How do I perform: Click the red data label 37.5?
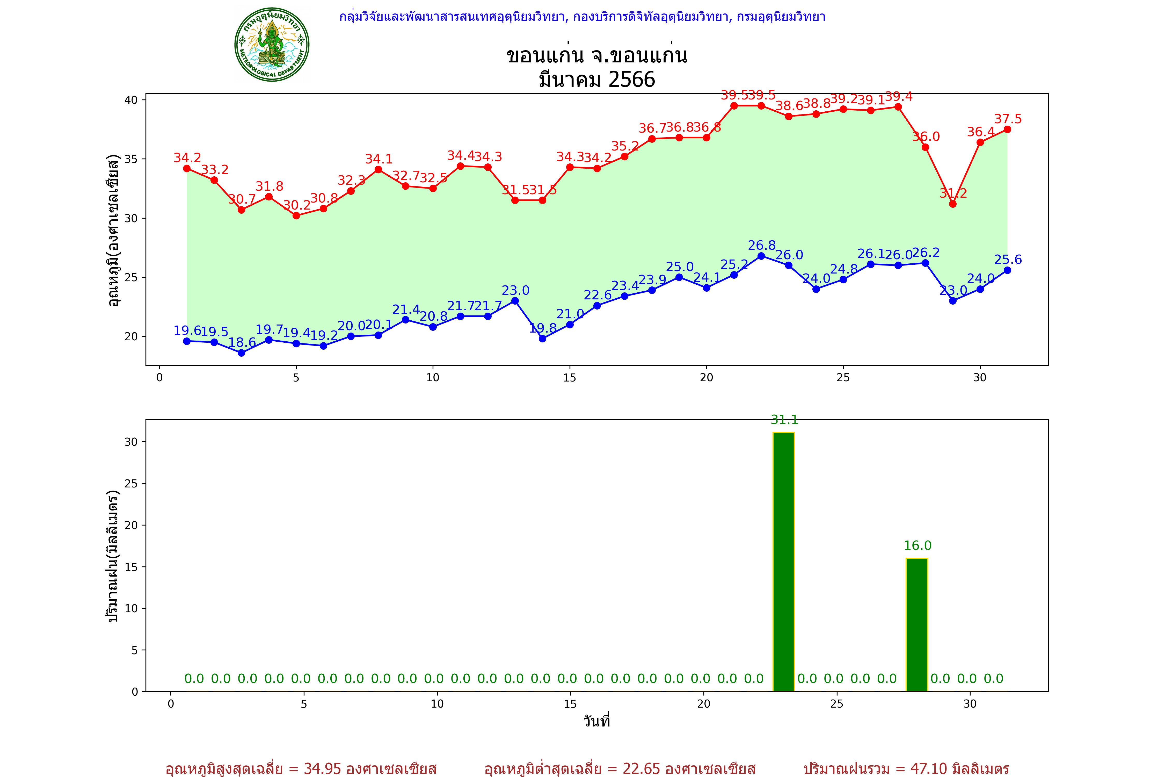pos(1008,119)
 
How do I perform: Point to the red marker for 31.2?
pos(952,204)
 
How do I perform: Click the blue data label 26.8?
pos(762,245)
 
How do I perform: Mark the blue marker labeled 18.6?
pos(241,353)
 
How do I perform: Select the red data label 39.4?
pos(899,96)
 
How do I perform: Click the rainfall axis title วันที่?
pos(596,721)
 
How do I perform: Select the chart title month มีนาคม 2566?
pos(597,79)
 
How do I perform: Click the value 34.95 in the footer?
pos(323,768)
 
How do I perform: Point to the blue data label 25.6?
pos(1008,260)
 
